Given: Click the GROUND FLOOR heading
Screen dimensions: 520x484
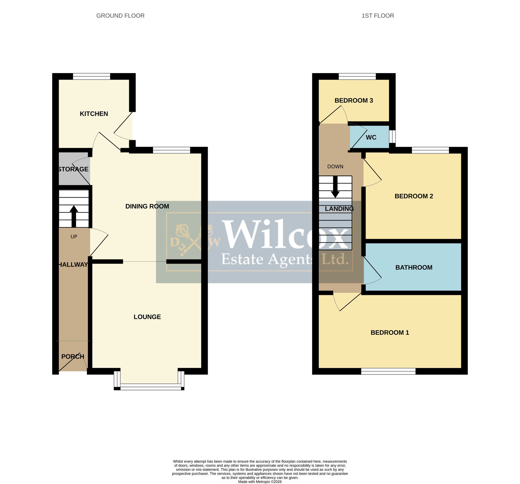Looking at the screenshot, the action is [120, 16].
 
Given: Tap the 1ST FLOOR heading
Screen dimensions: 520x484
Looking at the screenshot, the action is [378, 16].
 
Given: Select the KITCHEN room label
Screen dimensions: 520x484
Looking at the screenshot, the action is [94, 114].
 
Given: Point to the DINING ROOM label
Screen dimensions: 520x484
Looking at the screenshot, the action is [147, 206].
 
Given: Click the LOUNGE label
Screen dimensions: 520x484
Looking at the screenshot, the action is [147, 317].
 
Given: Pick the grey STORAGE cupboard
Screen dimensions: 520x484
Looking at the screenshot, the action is [74, 169].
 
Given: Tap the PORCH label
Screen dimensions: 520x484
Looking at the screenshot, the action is [73, 357].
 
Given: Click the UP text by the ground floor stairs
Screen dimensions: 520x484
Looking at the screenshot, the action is [74, 237].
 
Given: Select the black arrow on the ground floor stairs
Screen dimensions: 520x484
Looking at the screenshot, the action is [74, 216].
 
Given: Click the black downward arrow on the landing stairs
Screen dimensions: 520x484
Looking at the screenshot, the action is [335, 187].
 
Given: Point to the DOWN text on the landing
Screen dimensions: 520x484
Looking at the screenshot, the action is [335, 167].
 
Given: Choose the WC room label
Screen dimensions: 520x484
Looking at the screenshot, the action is [371, 138].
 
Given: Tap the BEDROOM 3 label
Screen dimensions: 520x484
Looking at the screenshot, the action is [354, 100].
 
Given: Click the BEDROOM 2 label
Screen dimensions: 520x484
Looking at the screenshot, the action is [414, 196].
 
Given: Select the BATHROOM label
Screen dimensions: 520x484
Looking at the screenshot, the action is [414, 268].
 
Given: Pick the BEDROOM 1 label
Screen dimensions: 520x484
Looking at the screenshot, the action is [390, 333].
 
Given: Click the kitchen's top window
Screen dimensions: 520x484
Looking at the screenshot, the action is [92, 76].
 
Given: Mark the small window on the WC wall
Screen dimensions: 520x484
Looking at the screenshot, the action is [392, 137].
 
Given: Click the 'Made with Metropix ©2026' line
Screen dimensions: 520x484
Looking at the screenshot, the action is [260, 482].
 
